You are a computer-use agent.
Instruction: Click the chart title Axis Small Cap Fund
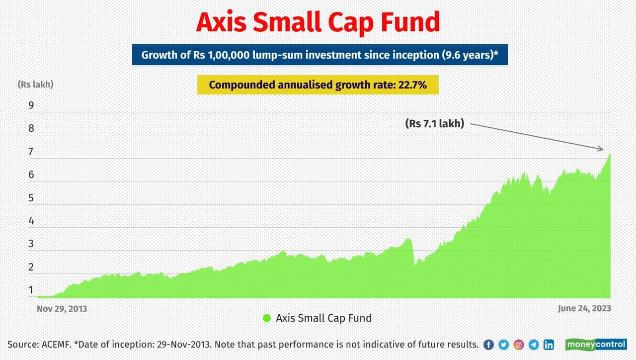318,23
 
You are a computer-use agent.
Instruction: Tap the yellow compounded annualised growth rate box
318,85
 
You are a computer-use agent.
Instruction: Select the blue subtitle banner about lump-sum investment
319,55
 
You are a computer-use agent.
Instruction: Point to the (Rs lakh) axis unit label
35,85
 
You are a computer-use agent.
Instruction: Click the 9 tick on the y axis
31,105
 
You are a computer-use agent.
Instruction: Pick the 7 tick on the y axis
31,152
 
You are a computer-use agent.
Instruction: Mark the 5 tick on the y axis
31,198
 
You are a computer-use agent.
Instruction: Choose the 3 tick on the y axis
31,244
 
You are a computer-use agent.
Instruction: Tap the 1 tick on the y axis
31,290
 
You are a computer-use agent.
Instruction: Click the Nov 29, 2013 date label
62,309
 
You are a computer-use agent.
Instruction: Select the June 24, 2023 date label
584,309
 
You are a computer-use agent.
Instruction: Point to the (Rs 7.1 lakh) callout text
435,124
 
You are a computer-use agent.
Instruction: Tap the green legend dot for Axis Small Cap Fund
267,318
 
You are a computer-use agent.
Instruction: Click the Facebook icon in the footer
488,345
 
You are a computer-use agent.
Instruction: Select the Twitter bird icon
503,345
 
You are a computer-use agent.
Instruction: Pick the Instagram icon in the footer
518,345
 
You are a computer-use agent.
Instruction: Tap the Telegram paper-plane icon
534,345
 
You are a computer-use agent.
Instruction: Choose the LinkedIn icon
549,345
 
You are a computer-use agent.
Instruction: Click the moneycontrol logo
596,345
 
